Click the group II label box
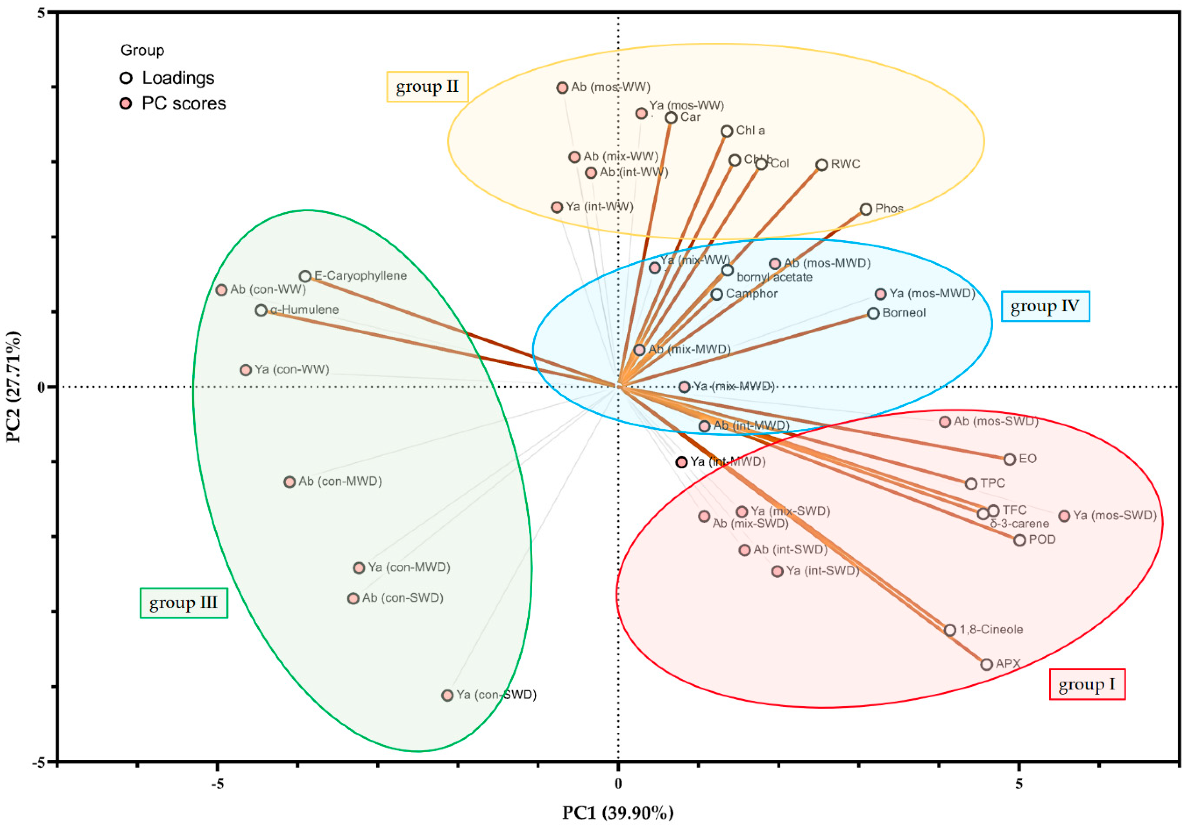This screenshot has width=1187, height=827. tap(427, 87)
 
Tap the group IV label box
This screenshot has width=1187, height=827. tap(1045, 306)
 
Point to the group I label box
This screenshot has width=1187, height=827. tap(1087, 684)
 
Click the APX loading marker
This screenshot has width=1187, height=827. tap(986, 664)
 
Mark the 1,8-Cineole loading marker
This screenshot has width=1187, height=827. tap(950, 630)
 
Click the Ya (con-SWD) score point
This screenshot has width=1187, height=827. tap(447, 695)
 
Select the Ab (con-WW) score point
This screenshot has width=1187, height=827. tap(221, 289)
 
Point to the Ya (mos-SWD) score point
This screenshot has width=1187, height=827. tap(1064, 516)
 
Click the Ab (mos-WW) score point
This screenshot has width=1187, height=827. tap(562, 87)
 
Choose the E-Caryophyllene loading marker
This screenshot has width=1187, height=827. tap(305, 276)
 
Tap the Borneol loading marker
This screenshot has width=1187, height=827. tap(873, 313)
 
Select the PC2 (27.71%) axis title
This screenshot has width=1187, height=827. tap(14, 387)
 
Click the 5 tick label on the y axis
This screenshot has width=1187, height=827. tap(41, 14)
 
